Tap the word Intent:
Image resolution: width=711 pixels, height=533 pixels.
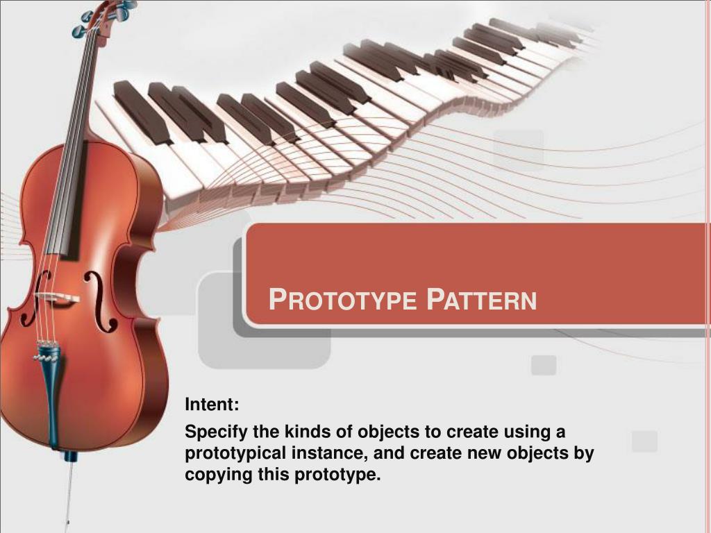click(212, 405)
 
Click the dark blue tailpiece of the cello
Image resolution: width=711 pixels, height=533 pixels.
click(50, 389)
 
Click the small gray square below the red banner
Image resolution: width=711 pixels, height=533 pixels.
click(544, 365)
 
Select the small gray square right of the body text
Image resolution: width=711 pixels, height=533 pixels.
click(644, 441)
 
